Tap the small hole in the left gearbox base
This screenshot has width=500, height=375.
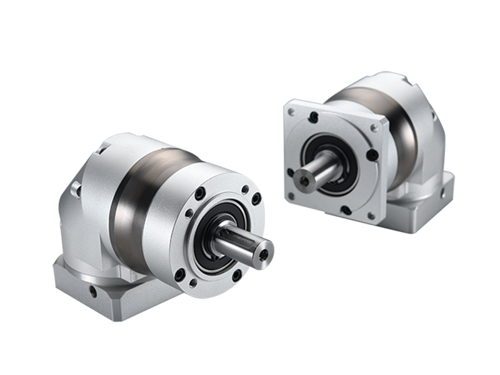[x=92, y=291]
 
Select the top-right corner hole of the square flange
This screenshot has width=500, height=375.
[x=374, y=127]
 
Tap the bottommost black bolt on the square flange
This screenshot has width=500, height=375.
[x=346, y=210]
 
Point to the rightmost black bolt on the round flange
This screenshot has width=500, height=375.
[x=256, y=199]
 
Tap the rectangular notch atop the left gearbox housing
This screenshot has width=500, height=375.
[x=102, y=149]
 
